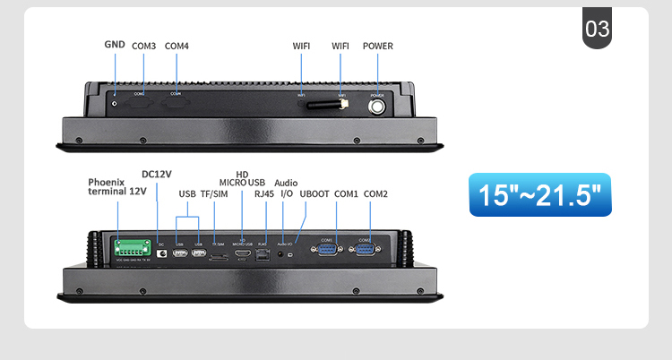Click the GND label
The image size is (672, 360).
tap(115, 44)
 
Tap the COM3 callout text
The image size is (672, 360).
tap(143, 46)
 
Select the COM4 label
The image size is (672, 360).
tap(177, 46)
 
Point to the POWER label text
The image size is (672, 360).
tap(377, 46)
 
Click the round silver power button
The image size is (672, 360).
tap(377, 107)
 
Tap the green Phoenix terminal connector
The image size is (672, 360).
tap(132, 248)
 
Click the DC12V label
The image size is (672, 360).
tap(157, 174)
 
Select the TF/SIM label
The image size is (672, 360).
tap(214, 193)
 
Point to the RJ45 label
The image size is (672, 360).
tap(264, 193)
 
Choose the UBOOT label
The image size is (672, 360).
tap(314, 193)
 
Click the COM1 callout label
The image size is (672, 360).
tap(346, 193)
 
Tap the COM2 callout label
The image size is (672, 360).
tap(376, 193)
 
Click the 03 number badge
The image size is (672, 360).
tap(597, 30)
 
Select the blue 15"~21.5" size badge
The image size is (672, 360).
tap(539, 194)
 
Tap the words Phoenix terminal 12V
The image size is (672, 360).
tap(117, 186)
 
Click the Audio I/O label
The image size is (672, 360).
tap(286, 188)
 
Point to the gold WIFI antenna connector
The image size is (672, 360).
tap(342, 106)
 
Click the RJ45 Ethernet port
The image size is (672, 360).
tap(263, 255)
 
